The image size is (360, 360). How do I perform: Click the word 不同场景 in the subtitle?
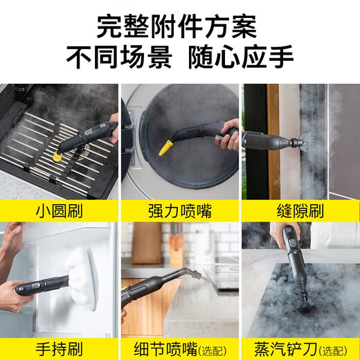tap(118, 57)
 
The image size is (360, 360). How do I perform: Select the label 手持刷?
tap(59, 346)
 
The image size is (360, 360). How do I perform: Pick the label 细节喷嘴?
tap(166, 346)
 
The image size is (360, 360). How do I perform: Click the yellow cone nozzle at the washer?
tap(165, 147)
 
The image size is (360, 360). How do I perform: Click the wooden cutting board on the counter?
tap(145, 242)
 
